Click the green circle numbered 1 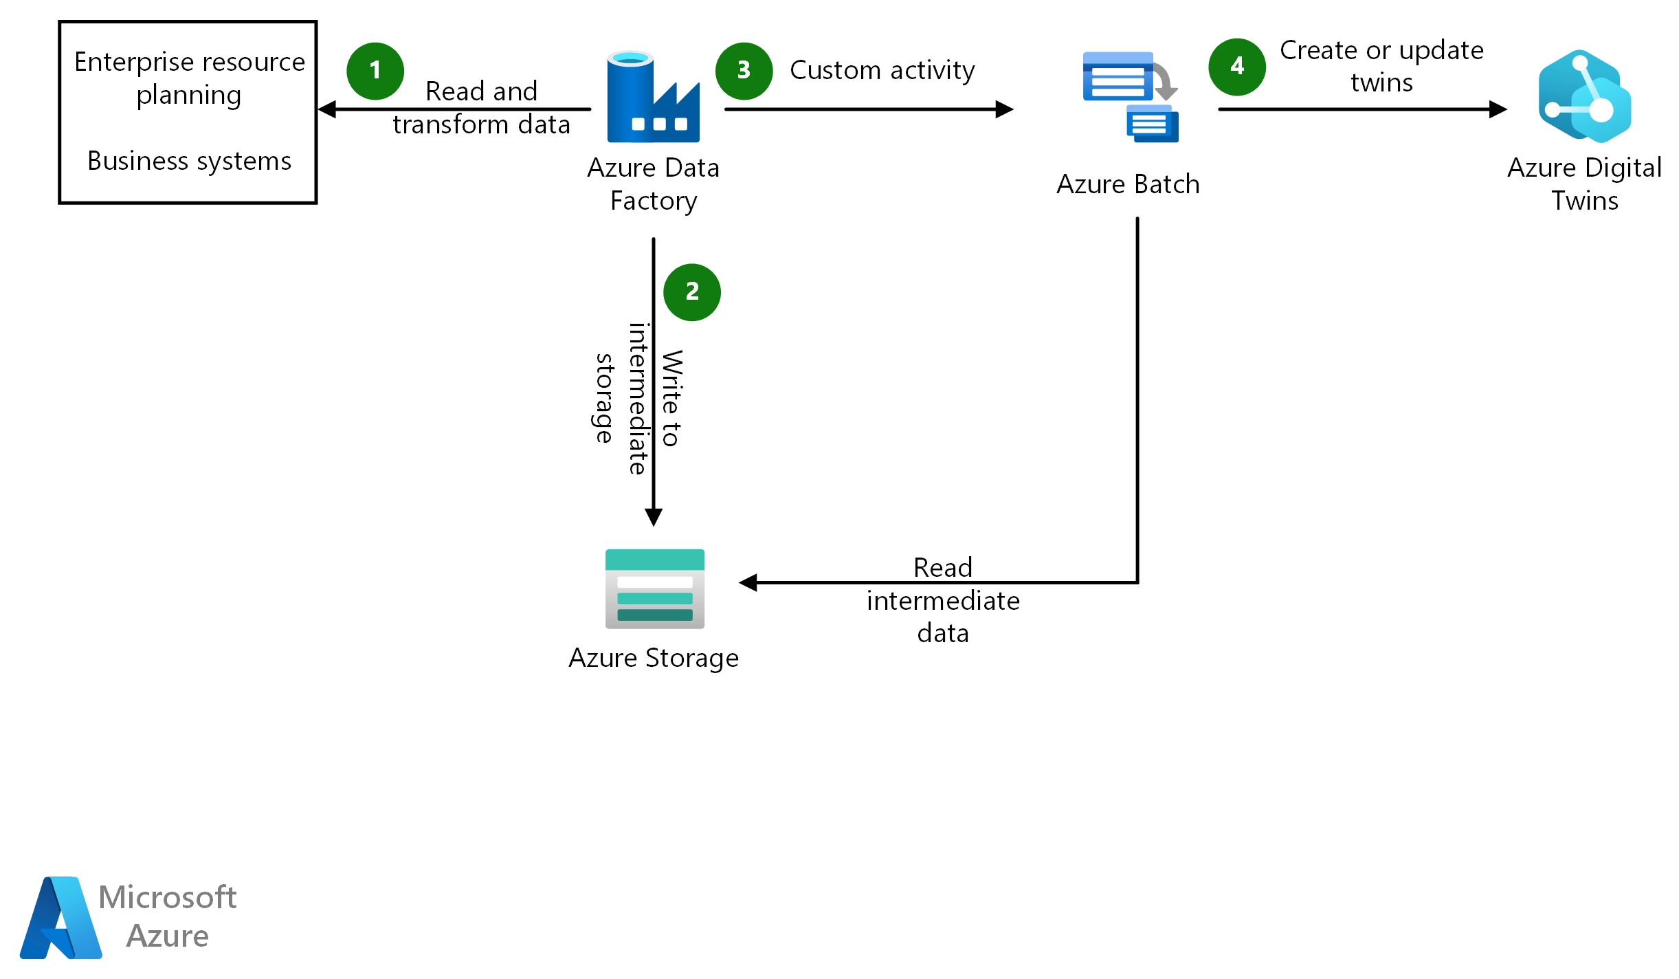375,71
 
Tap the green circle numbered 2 691,292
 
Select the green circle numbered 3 744,71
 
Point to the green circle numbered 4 1236,67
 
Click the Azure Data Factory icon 653,97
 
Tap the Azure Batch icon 1130,97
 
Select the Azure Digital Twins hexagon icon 1584,96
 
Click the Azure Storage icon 654,588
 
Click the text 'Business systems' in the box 189,161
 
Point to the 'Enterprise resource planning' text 189,78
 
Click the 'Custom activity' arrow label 882,70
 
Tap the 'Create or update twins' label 1381,66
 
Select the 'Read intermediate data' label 942,600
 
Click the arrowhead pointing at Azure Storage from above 653,517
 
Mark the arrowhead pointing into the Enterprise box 327,109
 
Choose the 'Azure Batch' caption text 1127,184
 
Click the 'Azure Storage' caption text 653,658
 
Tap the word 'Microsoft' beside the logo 167,897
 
